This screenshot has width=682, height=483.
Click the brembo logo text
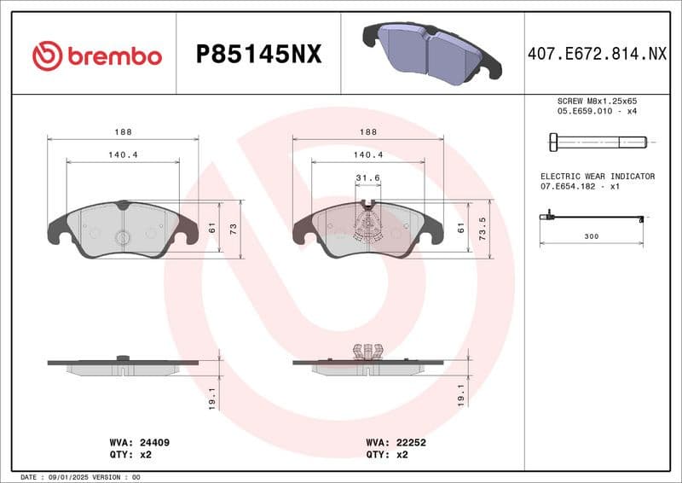pos(114,55)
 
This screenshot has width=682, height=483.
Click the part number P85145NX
pos(258,55)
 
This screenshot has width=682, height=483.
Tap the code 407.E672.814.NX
pos(597,55)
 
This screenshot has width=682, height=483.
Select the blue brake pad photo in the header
pos(431,52)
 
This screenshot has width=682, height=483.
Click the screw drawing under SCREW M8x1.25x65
pos(594,141)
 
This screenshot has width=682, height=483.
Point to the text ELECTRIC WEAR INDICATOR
pos(597,176)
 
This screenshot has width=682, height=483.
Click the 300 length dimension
pos(591,235)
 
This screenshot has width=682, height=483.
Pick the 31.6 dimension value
pos(367,177)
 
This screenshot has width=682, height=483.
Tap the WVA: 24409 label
pos(140,443)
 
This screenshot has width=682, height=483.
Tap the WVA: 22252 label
pos(396,443)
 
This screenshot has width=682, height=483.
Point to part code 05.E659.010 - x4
pos(596,111)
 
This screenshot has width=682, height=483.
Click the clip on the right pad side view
pos(367,352)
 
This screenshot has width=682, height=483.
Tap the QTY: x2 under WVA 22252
pos(387,455)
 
